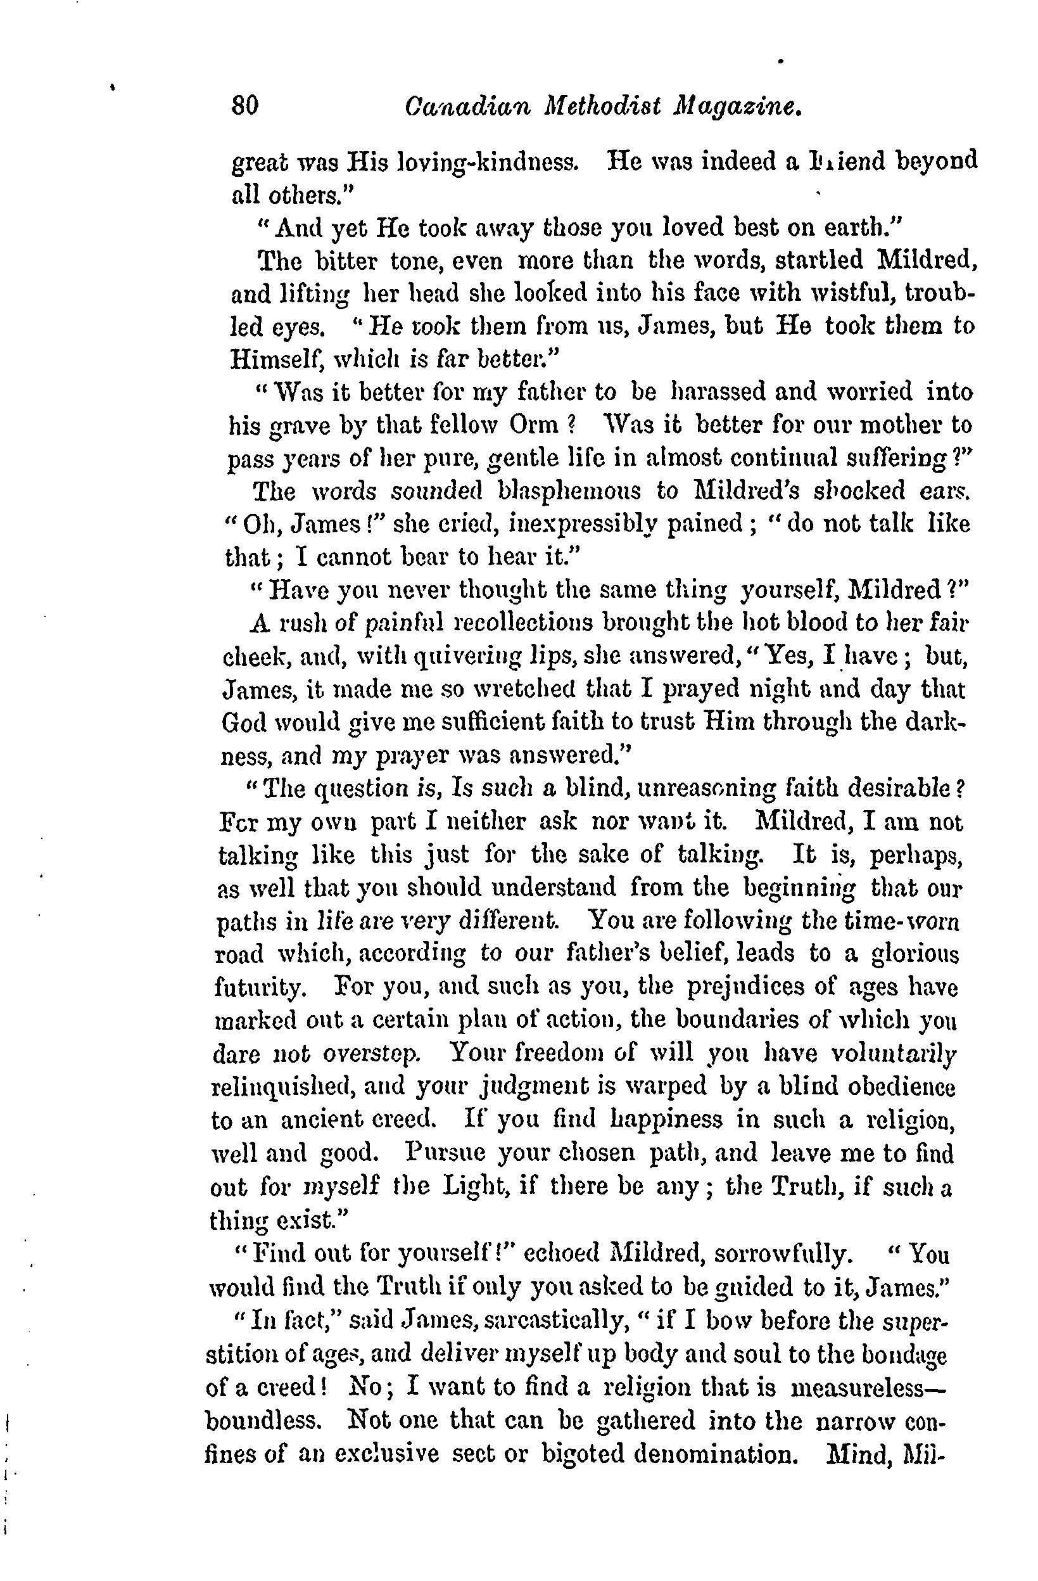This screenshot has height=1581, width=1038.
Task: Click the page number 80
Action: pyautogui.click(x=245, y=106)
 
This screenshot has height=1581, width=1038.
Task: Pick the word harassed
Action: pyautogui.click(x=714, y=391)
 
